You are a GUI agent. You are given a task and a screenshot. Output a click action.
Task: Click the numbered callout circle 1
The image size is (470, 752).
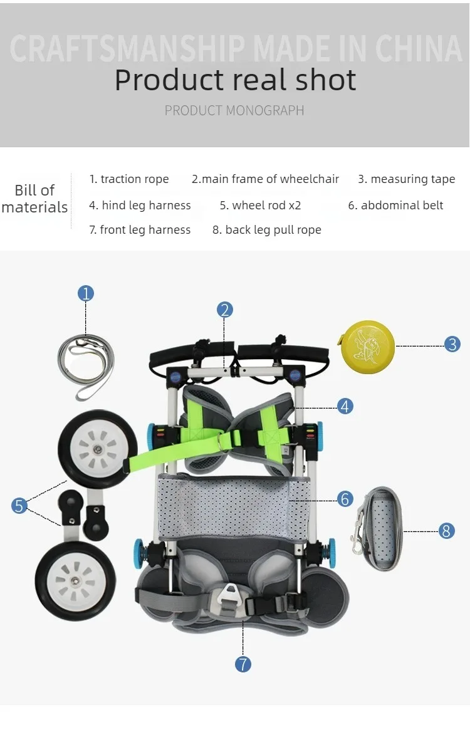point(86,293)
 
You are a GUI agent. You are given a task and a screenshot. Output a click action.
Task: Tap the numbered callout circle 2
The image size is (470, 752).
point(224,310)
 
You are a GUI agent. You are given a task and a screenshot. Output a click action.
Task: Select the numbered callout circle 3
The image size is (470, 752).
point(452,344)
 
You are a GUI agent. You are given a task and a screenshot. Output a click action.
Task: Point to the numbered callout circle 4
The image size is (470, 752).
point(345,407)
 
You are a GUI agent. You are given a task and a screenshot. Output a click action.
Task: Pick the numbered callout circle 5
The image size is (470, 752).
point(19,506)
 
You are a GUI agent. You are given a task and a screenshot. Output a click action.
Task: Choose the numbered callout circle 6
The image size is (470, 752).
point(345,499)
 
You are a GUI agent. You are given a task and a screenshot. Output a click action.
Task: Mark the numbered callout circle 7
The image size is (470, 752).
point(243,664)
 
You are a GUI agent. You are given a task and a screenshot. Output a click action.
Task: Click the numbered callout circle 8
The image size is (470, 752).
point(446,531)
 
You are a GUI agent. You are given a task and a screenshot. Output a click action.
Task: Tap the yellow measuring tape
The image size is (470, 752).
point(367,347)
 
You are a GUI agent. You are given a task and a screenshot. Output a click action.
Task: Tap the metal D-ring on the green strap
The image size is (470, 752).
point(224,441)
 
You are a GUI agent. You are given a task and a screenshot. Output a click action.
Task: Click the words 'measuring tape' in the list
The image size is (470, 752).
point(412,179)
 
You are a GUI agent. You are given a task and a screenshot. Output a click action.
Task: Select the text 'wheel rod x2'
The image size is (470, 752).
point(266,205)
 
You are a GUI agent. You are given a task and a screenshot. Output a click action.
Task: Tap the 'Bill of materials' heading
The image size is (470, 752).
point(34,199)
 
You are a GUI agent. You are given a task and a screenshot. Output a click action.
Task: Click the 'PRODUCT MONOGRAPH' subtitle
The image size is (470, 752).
point(234,110)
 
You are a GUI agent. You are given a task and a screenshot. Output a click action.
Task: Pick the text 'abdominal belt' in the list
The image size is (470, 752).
point(402,205)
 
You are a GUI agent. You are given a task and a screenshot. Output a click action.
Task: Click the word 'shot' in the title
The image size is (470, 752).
point(326,80)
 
